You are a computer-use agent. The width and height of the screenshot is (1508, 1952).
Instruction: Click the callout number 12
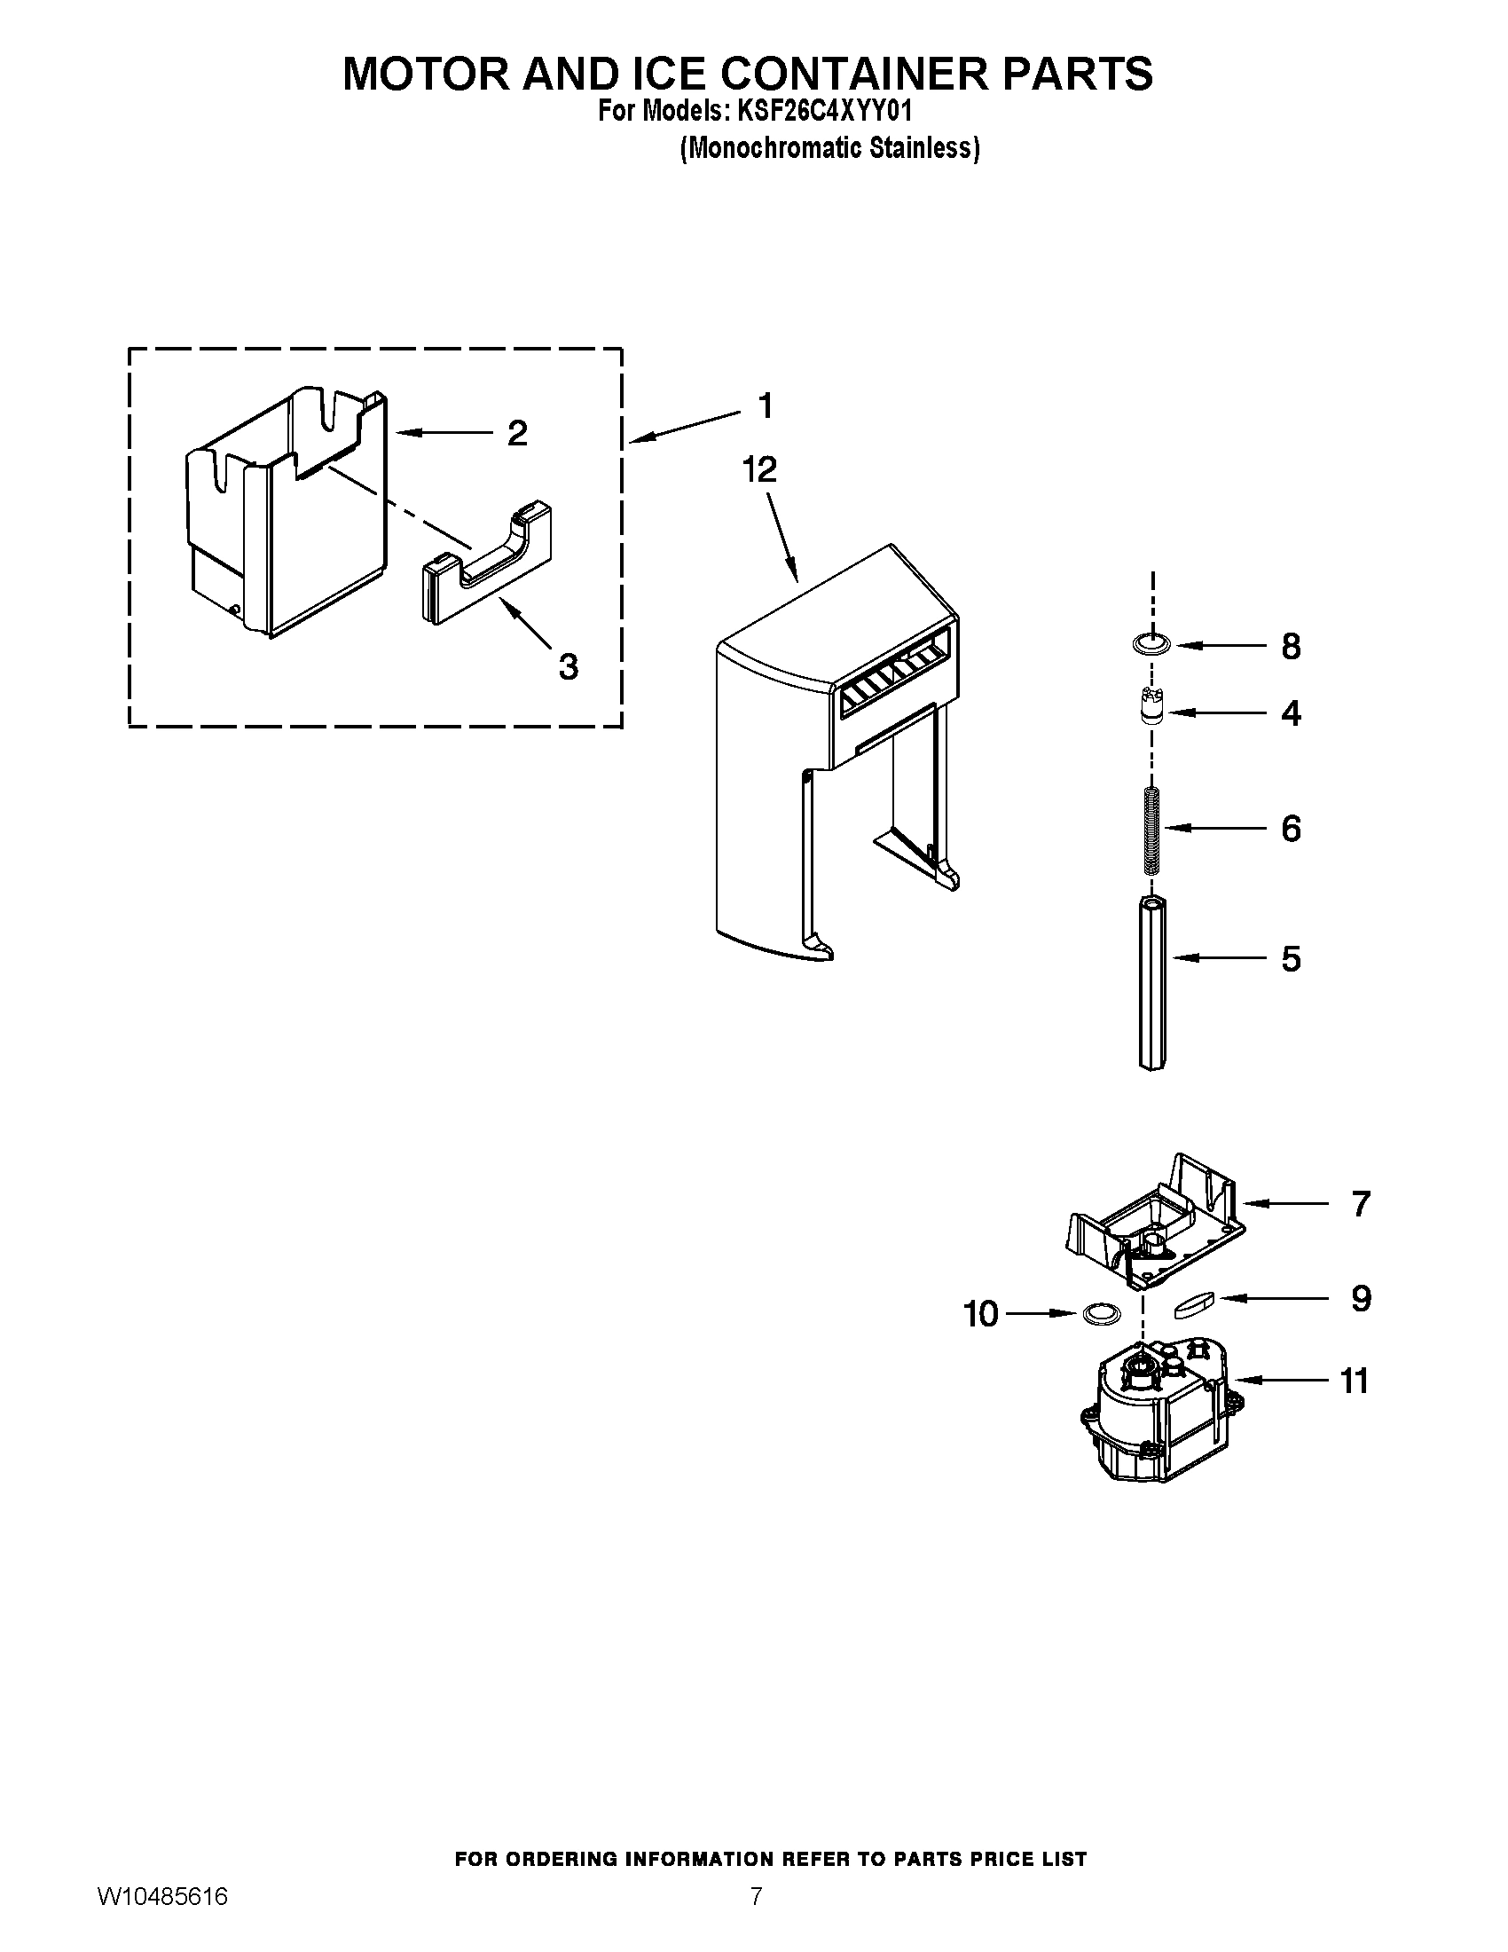pos(759,470)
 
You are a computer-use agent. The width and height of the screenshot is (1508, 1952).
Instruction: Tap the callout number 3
pos(569,665)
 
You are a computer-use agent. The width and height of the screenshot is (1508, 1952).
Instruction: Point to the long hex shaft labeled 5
pos(1152,983)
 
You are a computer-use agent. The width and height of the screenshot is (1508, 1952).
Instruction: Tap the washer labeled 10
pos(1101,1314)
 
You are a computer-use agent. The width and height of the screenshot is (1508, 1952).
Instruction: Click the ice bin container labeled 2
pos(286,518)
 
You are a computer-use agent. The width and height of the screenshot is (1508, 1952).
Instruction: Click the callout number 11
pos(1355,1381)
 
